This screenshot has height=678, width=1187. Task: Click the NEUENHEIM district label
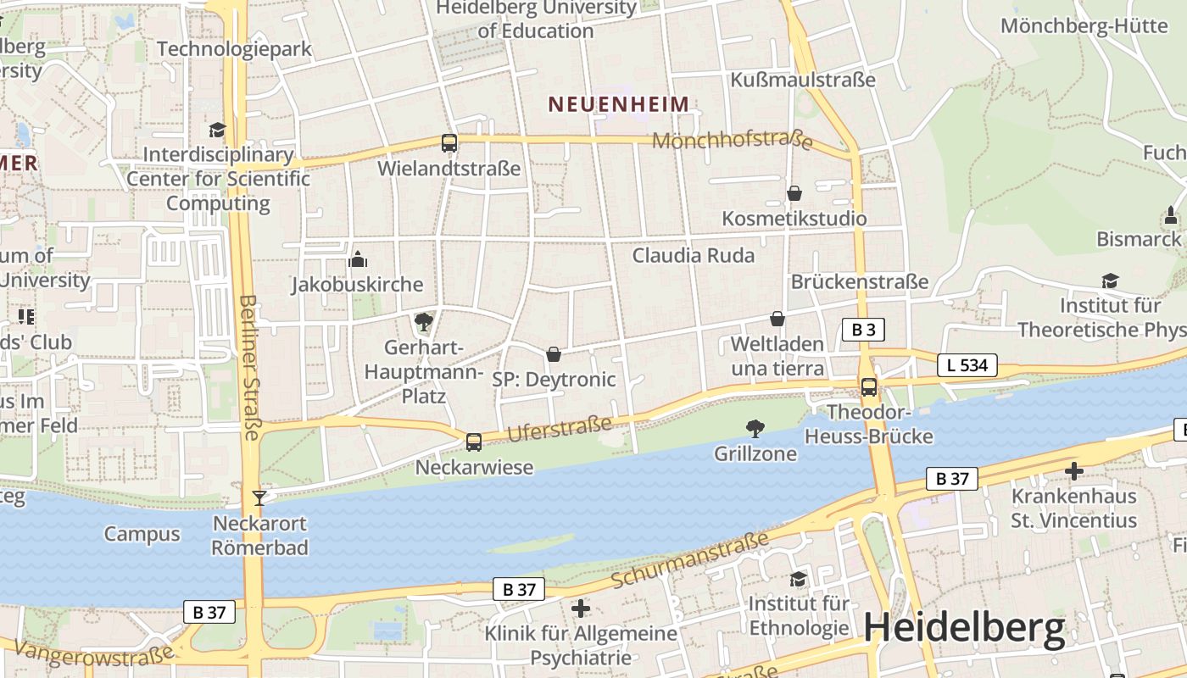click(x=618, y=104)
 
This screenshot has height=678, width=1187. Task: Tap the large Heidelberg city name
click(x=964, y=628)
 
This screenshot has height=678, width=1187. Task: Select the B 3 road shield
click(x=863, y=330)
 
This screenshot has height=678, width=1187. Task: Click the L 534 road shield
click(x=967, y=365)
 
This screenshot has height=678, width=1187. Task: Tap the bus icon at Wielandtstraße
click(x=449, y=143)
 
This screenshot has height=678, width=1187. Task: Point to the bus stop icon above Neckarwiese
click(x=474, y=442)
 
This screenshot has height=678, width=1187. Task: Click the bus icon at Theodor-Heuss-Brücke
click(x=869, y=387)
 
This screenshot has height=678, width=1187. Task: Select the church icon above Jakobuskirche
click(x=358, y=259)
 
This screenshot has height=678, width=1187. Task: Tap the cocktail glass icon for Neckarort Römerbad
click(x=259, y=497)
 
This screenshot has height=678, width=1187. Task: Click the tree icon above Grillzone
click(x=755, y=429)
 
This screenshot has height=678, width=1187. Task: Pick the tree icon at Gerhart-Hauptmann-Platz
click(x=423, y=322)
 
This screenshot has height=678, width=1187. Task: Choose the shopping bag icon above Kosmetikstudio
click(x=794, y=193)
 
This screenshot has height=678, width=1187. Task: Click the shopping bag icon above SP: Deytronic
click(x=554, y=353)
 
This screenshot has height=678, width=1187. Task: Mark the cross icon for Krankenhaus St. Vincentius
click(x=1074, y=470)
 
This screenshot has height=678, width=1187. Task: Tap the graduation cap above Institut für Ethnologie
click(x=798, y=579)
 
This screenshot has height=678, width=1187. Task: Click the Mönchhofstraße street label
click(x=733, y=141)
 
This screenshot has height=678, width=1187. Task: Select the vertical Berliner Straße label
click(x=249, y=367)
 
